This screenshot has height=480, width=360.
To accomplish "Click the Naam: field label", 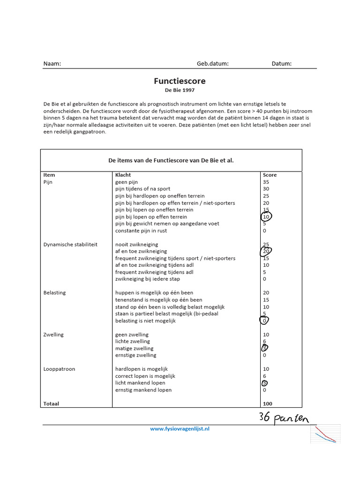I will pos(52,64).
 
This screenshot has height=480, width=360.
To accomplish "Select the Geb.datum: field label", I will pos(212,64).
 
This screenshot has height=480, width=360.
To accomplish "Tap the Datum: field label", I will pos(281,64).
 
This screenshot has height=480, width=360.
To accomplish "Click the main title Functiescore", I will pos(180,81).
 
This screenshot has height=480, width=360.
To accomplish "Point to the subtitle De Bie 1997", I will pos(180,90).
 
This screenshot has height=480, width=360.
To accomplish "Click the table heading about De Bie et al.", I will pos(171,160).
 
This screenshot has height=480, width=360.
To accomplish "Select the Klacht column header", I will pos(123,175).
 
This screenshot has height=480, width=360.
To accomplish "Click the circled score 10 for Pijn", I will pos(266,217).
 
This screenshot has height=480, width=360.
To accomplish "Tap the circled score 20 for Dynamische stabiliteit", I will pos(266,251).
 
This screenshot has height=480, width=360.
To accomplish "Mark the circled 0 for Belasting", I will pos(265,321).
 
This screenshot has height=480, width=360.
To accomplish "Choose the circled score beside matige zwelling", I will pos(265,348).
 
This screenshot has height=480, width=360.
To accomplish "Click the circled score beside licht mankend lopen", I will pos(265,383).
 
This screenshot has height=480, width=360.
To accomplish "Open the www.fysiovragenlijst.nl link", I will pos(180,428).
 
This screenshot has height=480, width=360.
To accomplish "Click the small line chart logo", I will pos(325,435).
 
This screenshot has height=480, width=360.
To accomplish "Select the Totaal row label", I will pos(51,404).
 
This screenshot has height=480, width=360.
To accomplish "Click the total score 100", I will pos(267,404).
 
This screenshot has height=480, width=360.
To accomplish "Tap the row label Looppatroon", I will pos(59,369).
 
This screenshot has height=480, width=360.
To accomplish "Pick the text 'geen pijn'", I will pos(127,182).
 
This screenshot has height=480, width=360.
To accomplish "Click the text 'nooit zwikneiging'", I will pos(136,244).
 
